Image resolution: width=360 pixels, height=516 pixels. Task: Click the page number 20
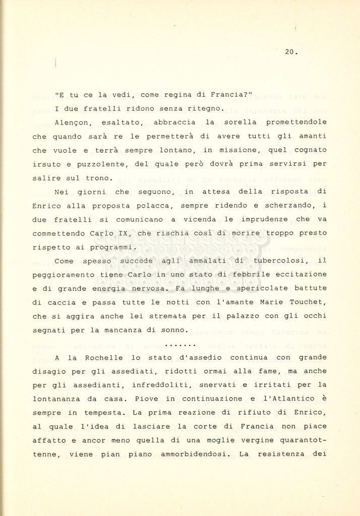tap(290, 51)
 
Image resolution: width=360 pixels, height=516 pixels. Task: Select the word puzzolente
tap(102, 164)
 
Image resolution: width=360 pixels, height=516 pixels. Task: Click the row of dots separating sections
tap(181, 345)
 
